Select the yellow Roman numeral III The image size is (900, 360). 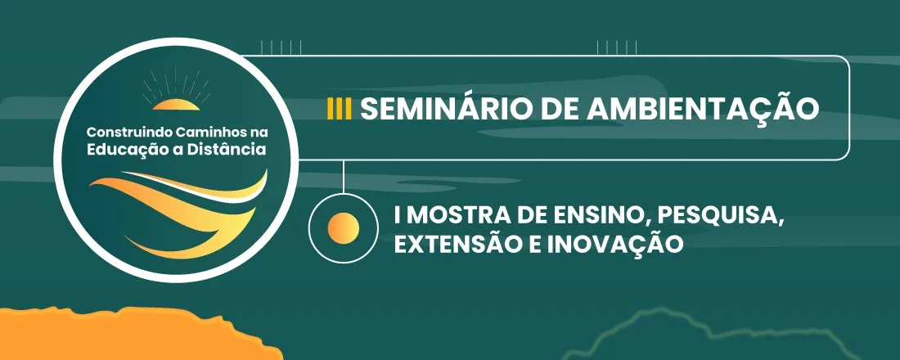[x=339, y=109]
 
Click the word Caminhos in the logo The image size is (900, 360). [x=200, y=133]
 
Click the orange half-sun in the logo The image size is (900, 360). [x=175, y=104]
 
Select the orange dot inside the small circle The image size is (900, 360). [x=343, y=227]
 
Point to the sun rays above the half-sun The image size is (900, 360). [x=175, y=83]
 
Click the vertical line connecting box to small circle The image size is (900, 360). [x=343, y=176]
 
